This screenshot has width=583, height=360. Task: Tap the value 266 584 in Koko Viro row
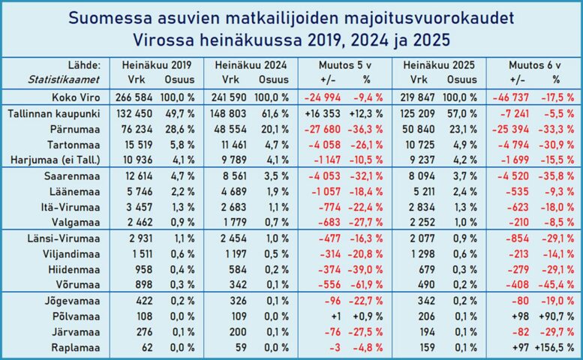click(138, 97)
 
